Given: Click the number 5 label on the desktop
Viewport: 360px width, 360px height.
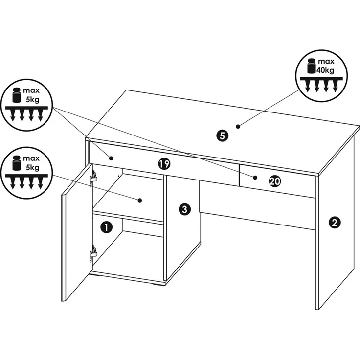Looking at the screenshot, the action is [x=222, y=135].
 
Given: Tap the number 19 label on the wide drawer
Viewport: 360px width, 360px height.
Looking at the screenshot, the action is [x=164, y=164].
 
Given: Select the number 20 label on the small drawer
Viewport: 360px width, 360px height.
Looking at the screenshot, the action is [x=275, y=181].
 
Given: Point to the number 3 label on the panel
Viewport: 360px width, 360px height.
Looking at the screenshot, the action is [x=184, y=209].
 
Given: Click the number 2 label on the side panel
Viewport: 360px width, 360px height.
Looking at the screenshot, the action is [x=335, y=222].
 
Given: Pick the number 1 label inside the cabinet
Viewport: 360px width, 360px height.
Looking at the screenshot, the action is [x=106, y=227].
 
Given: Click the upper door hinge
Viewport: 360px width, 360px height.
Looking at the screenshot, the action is [x=93, y=176].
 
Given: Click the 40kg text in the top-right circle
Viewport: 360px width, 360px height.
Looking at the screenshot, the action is [x=325, y=70].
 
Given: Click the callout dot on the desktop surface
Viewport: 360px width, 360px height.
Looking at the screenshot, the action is [x=238, y=126].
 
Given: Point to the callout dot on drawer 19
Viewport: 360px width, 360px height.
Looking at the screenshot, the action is [x=111, y=158].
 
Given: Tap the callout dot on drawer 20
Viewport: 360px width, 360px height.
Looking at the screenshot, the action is [x=255, y=177].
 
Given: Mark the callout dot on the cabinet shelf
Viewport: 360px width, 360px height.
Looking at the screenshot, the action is [x=140, y=200].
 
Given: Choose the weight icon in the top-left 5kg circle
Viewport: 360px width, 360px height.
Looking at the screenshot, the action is [x=17, y=95].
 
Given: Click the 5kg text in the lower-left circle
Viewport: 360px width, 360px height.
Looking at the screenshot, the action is [x=33, y=167].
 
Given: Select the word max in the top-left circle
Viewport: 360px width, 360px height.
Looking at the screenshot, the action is [x=31, y=90].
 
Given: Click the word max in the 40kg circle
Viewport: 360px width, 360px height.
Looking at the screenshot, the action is [x=326, y=61].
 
